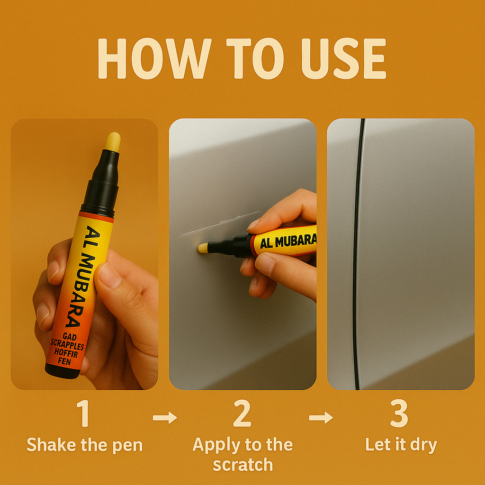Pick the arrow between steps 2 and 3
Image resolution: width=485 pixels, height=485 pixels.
click(x=321, y=417)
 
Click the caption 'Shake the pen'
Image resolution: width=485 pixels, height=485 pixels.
click(x=84, y=445)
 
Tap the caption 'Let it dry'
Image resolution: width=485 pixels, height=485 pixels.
click(x=401, y=445)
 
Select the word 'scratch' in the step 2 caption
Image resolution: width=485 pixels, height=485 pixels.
click(x=242, y=465)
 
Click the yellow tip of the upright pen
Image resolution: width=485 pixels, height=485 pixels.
click(x=113, y=142)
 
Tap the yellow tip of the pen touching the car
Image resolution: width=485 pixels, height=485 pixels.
click(x=203, y=248)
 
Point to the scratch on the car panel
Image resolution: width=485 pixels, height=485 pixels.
click(x=218, y=224)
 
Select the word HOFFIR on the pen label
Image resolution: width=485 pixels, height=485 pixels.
click(x=63, y=353)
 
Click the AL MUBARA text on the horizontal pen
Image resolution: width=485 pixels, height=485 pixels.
click(x=288, y=242)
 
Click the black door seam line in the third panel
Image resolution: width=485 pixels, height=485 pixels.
click(x=355, y=256)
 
